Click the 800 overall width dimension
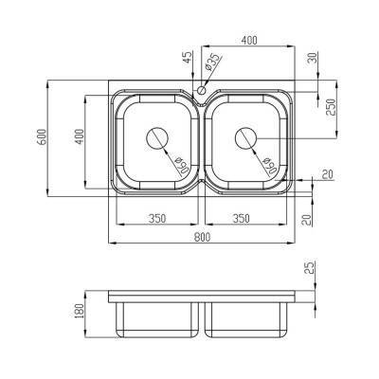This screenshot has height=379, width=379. coord(202,237)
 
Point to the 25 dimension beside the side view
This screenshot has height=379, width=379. coord(311,271)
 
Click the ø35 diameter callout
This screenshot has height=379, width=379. coord(214,63)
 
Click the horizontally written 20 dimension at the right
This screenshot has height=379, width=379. coord(327,172)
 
